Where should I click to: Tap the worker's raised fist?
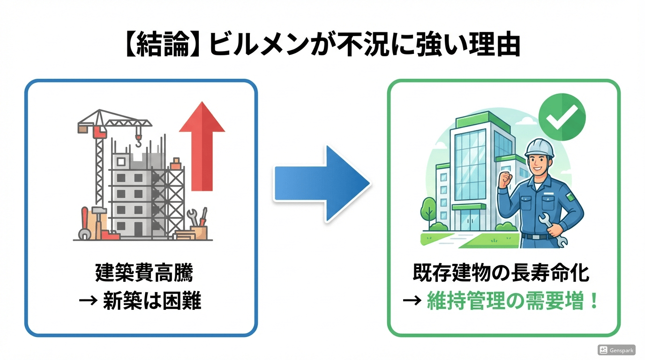coord(505,180)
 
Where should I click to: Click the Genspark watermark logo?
coord(617,350)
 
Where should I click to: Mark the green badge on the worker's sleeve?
coord(570,197)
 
